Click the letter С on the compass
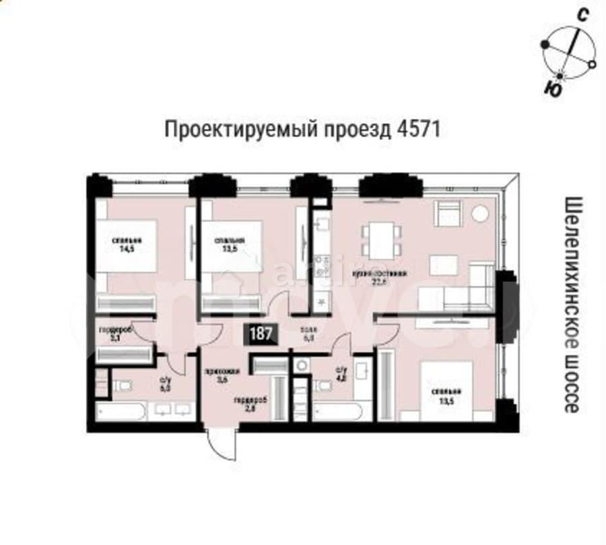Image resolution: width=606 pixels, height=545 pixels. coord(584,15)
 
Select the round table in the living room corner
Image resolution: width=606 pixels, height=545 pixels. coord(480,214)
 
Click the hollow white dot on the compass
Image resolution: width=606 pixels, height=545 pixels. coord(592,65)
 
